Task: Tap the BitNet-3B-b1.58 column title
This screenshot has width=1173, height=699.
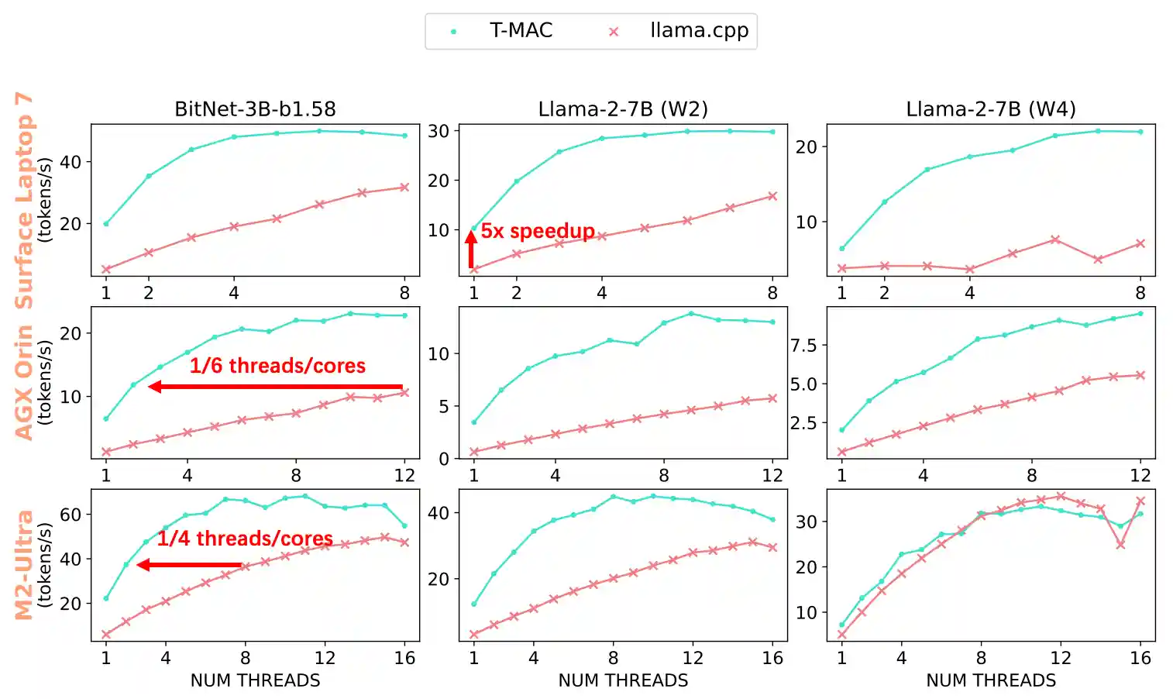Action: [x=255, y=109]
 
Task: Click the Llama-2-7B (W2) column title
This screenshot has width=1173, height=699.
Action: [x=623, y=109]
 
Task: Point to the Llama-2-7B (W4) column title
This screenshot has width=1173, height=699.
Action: [x=991, y=109]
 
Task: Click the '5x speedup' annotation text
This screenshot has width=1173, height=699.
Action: [x=538, y=231]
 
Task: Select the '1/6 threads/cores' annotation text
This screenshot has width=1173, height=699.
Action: [x=277, y=366]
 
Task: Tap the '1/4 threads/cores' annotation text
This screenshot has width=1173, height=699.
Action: [x=245, y=539]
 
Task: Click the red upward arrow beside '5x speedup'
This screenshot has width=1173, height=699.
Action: [x=471, y=249]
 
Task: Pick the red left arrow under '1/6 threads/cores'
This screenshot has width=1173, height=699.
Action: [x=275, y=386]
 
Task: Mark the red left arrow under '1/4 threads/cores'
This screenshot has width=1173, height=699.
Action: [x=190, y=565]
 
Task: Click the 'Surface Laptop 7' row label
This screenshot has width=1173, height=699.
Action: [x=24, y=200]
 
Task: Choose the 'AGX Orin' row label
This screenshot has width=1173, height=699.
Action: [x=24, y=383]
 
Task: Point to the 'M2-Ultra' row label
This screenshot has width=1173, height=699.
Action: [x=24, y=565]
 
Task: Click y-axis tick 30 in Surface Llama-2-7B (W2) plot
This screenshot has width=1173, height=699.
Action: [x=439, y=131]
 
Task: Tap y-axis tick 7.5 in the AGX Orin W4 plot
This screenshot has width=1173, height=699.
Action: [x=803, y=346]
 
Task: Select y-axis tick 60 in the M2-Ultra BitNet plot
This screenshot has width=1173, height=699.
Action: [x=71, y=515]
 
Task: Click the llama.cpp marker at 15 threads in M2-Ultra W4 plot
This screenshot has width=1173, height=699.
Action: [x=1120, y=545]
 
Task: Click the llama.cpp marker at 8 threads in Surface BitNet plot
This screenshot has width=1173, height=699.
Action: [x=404, y=187]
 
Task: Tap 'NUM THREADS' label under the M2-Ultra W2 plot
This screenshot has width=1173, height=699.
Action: [x=623, y=680]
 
